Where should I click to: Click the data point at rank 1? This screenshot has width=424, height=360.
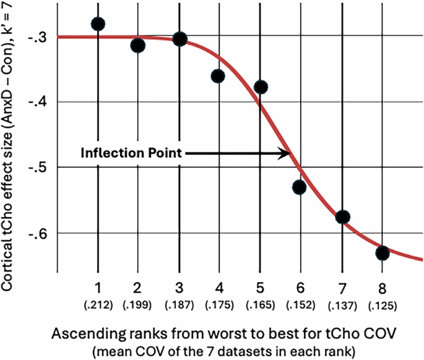[x=98, y=24]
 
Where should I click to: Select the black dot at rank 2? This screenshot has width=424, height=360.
[x=138, y=45]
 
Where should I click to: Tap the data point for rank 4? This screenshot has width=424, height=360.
[x=218, y=76]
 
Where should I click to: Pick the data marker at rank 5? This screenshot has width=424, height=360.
[x=261, y=87]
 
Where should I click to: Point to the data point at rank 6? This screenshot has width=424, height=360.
[x=300, y=187]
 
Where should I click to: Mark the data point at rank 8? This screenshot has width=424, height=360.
[x=382, y=253]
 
